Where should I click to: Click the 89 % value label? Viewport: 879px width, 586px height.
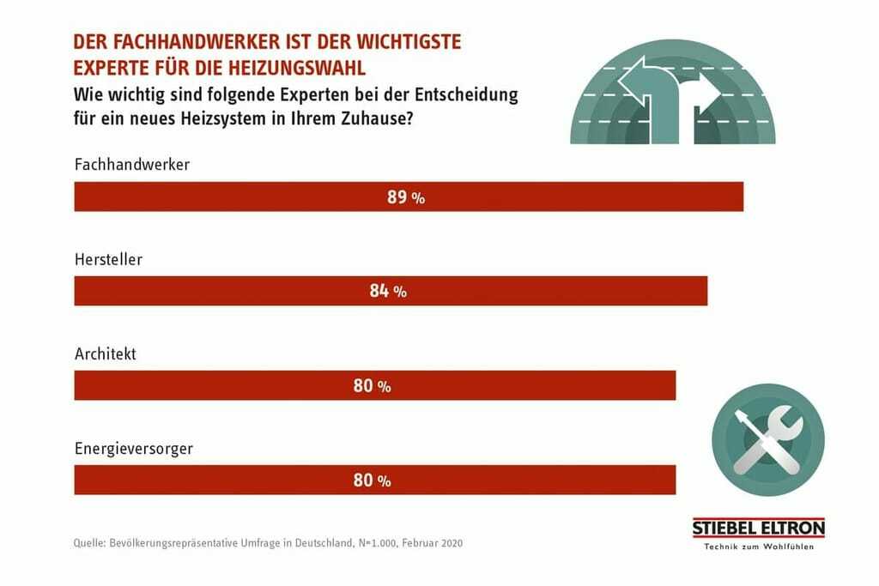coord(406,197)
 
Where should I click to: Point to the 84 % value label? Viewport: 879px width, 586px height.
coord(388,292)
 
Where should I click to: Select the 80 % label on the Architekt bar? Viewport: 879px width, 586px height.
coord(372,386)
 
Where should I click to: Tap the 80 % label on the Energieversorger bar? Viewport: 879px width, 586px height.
coord(372,480)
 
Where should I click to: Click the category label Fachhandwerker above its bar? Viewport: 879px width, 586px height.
coord(132,164)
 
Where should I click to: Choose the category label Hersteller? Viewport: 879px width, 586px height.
coord(108,258)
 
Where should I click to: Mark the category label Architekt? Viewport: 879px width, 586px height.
coord(106,353)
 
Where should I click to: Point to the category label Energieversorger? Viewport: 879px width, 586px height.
coord(133,448)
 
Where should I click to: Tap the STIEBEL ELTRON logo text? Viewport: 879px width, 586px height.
coord(758,528)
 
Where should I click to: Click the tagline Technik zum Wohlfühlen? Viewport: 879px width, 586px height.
coord(758,547)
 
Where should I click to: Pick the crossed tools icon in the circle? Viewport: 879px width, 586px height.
coord(768,439)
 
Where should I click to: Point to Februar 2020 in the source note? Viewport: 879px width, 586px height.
coord(433,543)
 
